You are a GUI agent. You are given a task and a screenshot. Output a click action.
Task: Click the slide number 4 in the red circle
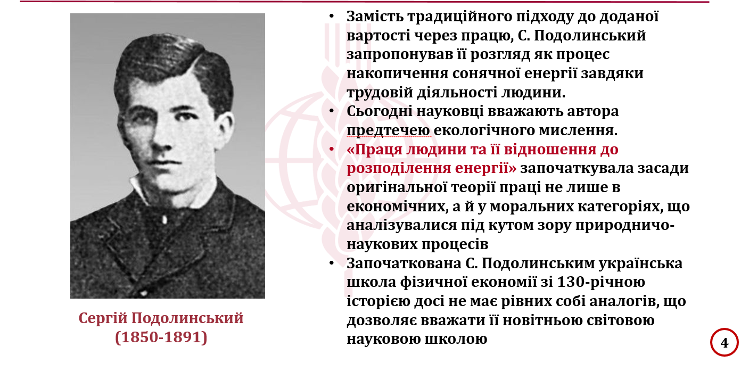coord(725,343)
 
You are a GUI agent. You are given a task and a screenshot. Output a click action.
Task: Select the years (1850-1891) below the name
coord(161,337)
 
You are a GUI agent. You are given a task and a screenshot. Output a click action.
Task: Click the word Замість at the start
coord(375,17)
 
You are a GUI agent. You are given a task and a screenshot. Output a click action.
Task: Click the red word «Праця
coord(375,150)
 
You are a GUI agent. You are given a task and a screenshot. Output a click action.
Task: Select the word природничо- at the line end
coord(624,226)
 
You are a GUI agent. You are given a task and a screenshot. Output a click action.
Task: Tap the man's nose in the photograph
coord(161,137)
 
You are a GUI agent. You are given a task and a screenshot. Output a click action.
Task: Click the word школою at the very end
coord(456,340)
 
